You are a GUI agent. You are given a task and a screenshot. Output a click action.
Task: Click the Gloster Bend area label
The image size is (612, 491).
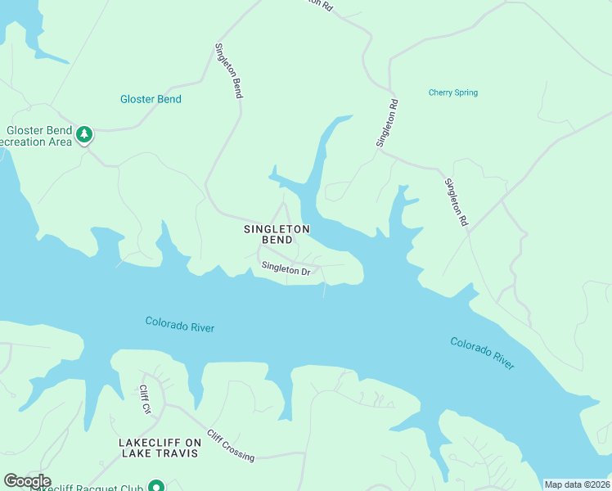click(151, 99)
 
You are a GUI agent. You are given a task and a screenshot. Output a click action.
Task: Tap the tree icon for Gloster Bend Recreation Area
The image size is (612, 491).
click(83, 134)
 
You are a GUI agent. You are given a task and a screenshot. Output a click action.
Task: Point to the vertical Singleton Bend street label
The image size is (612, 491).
click(229, 71)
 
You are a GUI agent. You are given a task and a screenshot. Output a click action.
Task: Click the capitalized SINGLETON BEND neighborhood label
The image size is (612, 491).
click(277, 235)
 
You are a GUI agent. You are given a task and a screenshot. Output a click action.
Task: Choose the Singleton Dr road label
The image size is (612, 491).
click(286, 268)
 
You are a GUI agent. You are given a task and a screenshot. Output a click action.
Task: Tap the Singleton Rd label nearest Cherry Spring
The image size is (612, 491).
click(388, 124)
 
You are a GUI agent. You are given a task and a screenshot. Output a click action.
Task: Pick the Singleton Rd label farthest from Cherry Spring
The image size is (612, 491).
click(457, 202)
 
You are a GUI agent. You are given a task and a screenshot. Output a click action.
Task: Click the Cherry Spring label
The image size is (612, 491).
click(452, 92)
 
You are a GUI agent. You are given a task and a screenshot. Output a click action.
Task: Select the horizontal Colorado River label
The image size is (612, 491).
click(179, 324)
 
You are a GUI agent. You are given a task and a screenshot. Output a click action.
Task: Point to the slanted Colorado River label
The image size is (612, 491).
click(482, 353)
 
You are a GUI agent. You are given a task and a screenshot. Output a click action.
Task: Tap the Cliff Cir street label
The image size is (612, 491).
click(145, 399)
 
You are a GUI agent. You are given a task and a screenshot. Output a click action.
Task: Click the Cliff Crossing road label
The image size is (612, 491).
click(231, 445)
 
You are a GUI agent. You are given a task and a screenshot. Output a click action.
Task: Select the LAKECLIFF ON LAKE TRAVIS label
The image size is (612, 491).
click(159, 448)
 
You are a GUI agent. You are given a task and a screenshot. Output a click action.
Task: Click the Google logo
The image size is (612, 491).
click(27, 481)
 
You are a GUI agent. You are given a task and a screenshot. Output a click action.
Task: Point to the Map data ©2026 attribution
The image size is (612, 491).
click(577, 484)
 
